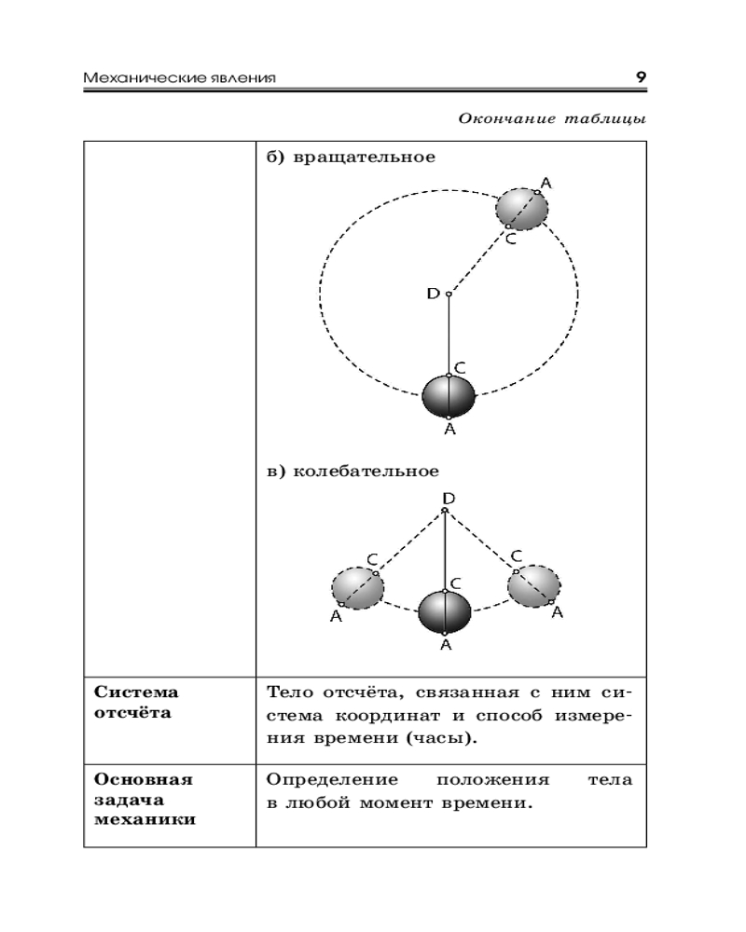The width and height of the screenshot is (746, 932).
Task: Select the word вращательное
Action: (x=365, y=157)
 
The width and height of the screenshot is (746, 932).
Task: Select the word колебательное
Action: (x=366, y=471)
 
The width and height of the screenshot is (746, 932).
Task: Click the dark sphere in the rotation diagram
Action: (x=449, y=396)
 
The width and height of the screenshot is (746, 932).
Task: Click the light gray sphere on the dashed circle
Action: (x=521, y=209)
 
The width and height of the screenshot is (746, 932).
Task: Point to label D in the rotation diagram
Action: (x=433, y=294)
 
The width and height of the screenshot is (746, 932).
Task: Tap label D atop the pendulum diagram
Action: (x=449, y=499)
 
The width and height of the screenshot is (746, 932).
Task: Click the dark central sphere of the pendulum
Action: (x=445, y=612)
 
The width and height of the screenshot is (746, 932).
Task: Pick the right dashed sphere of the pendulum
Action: (x=533, y=585)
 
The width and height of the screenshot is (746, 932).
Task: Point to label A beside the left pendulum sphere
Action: (x=336, y=616)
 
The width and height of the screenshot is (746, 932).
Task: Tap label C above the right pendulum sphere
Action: (x=516, y=556)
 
